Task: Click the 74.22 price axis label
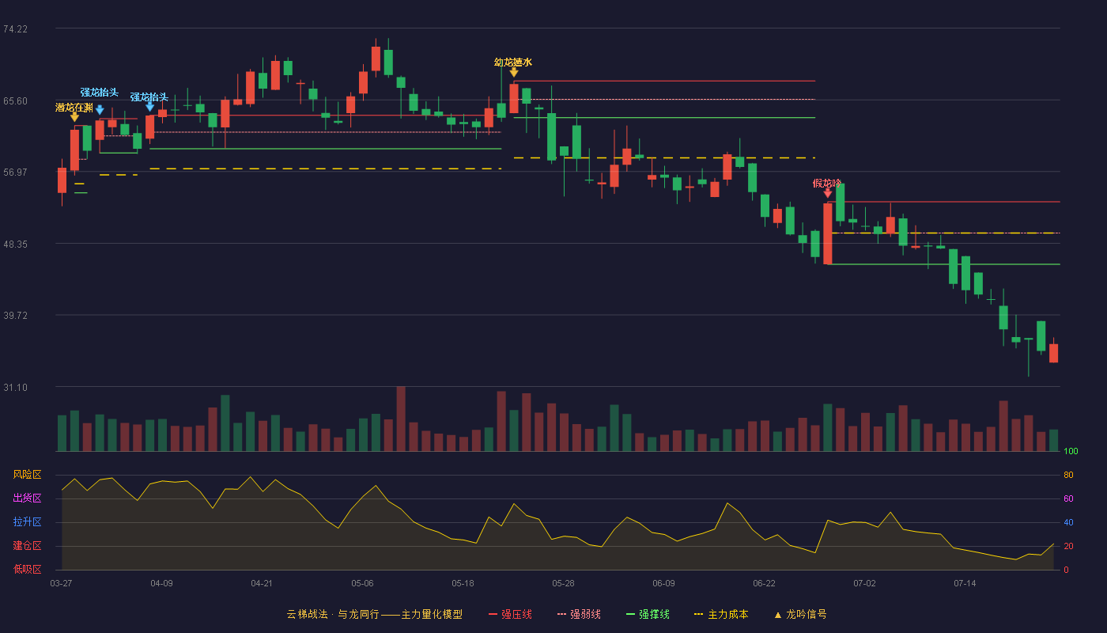pyautogui.click(x=15, y=29)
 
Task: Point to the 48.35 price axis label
pyautogui.click(x=15, y=244)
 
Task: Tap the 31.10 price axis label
pyautogui.click(x=15, y=387)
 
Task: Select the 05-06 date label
pyautogui.click(x=362, y=584)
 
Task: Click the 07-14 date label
pyautogui.click(x=965, y=584)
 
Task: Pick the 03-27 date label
pyautogui.click(x=62, y=584)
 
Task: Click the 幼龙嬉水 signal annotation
pyautogui.click(x=513, y=63)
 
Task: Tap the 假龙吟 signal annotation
pyautogui.click(x=827, y=184)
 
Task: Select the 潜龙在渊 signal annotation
pyautogui.click(x=74, y=108)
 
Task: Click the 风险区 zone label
pyautogui.click(x=27, y=475)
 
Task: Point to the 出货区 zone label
pyautogui.click(x=27, y=498)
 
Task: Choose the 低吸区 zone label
pyautogui.click(x=27, y=569)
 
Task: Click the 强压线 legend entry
pyautogui.click(x=510, y=614)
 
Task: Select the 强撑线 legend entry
pyautogui.click(x=648, y=614)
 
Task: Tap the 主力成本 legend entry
pyautogui.click(x=721, y=614)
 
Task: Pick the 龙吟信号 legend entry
pyautogui.click(x=800, y=614)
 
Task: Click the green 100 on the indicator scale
pyautogui.click(x=1071, y=451)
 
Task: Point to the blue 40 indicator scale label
pyautogui.click(x=1068, y=522)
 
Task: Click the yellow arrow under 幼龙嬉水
pyautogui.click(x=514, y=73)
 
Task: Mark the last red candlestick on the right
pyautogui.click(x=1053, y=352)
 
